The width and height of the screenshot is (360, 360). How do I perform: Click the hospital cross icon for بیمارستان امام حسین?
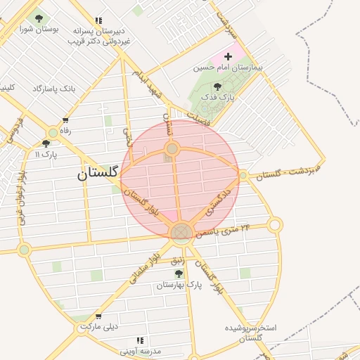point(227,56)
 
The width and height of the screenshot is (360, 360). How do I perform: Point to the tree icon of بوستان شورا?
point(38,18)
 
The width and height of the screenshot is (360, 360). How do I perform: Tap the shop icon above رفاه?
point(65,120)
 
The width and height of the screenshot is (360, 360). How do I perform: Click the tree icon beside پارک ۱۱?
point(46,143)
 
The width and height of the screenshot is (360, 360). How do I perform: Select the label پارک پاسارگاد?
point(52,89)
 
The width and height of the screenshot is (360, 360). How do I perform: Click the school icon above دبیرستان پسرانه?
point(98,21)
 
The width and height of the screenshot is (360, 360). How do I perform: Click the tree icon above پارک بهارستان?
point(179,273)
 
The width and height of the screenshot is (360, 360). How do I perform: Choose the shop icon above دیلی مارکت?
point(98,316)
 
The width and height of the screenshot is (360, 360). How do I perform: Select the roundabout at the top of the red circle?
point(172,148)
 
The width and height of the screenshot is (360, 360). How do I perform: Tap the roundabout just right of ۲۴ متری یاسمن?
point(275,225)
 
